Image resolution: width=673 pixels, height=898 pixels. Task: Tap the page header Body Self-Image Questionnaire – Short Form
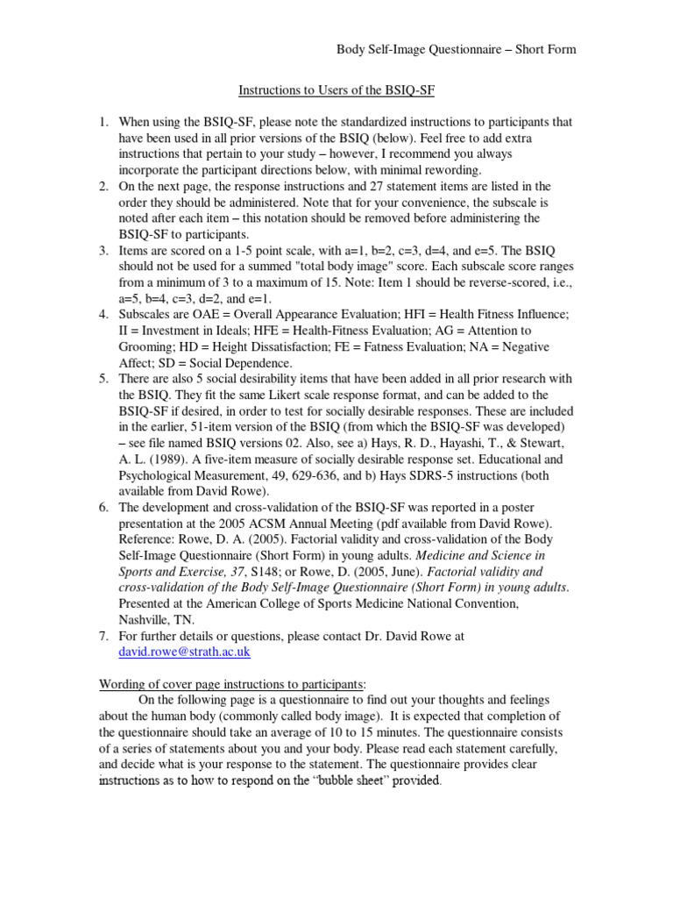(457, 49)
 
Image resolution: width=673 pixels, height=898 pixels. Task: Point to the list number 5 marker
(103, 379)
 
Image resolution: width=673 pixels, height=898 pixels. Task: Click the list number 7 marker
(103, 637)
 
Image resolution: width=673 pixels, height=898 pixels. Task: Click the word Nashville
(147, 620)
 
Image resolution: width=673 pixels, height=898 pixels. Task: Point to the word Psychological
(159, 475)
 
